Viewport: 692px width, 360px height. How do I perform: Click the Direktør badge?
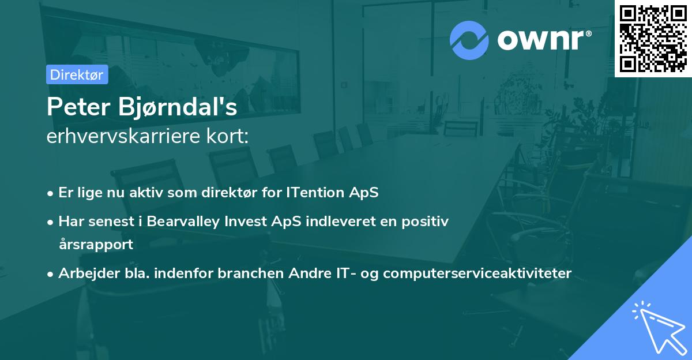click(x=77, y=74)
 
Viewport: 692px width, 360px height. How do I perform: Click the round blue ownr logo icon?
click(x=469, y=39)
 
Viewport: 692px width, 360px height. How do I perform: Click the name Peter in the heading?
click(x=78, y=108)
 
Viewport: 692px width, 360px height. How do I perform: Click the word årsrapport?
click(x=96, y=244)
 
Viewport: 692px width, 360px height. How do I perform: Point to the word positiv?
click(x=427, y=222)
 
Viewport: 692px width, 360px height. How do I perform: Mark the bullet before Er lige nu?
click(x=51, y=193)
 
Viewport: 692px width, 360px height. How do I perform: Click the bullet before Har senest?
click(x=51, y=222)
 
